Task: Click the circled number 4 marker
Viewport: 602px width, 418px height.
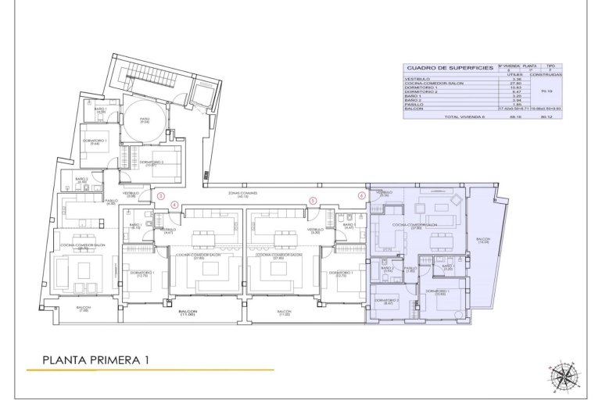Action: pyautogui.click(x=174, y=205)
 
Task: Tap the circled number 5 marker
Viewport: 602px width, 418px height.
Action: pyautogui.click(x=312, y=201)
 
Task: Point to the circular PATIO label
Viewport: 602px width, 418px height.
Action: pyautogui.click(x=145, y=120)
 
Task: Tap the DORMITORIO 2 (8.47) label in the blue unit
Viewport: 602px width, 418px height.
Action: pyautogui.click(x=387, y=302)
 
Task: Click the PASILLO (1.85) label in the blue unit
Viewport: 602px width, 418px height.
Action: pyautogui.click(x=410, y=269)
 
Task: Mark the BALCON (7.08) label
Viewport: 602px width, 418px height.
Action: pyautogui.click(x=83, y=309)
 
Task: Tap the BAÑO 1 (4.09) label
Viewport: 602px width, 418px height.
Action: pyautogui.click(x=100, y=110)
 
